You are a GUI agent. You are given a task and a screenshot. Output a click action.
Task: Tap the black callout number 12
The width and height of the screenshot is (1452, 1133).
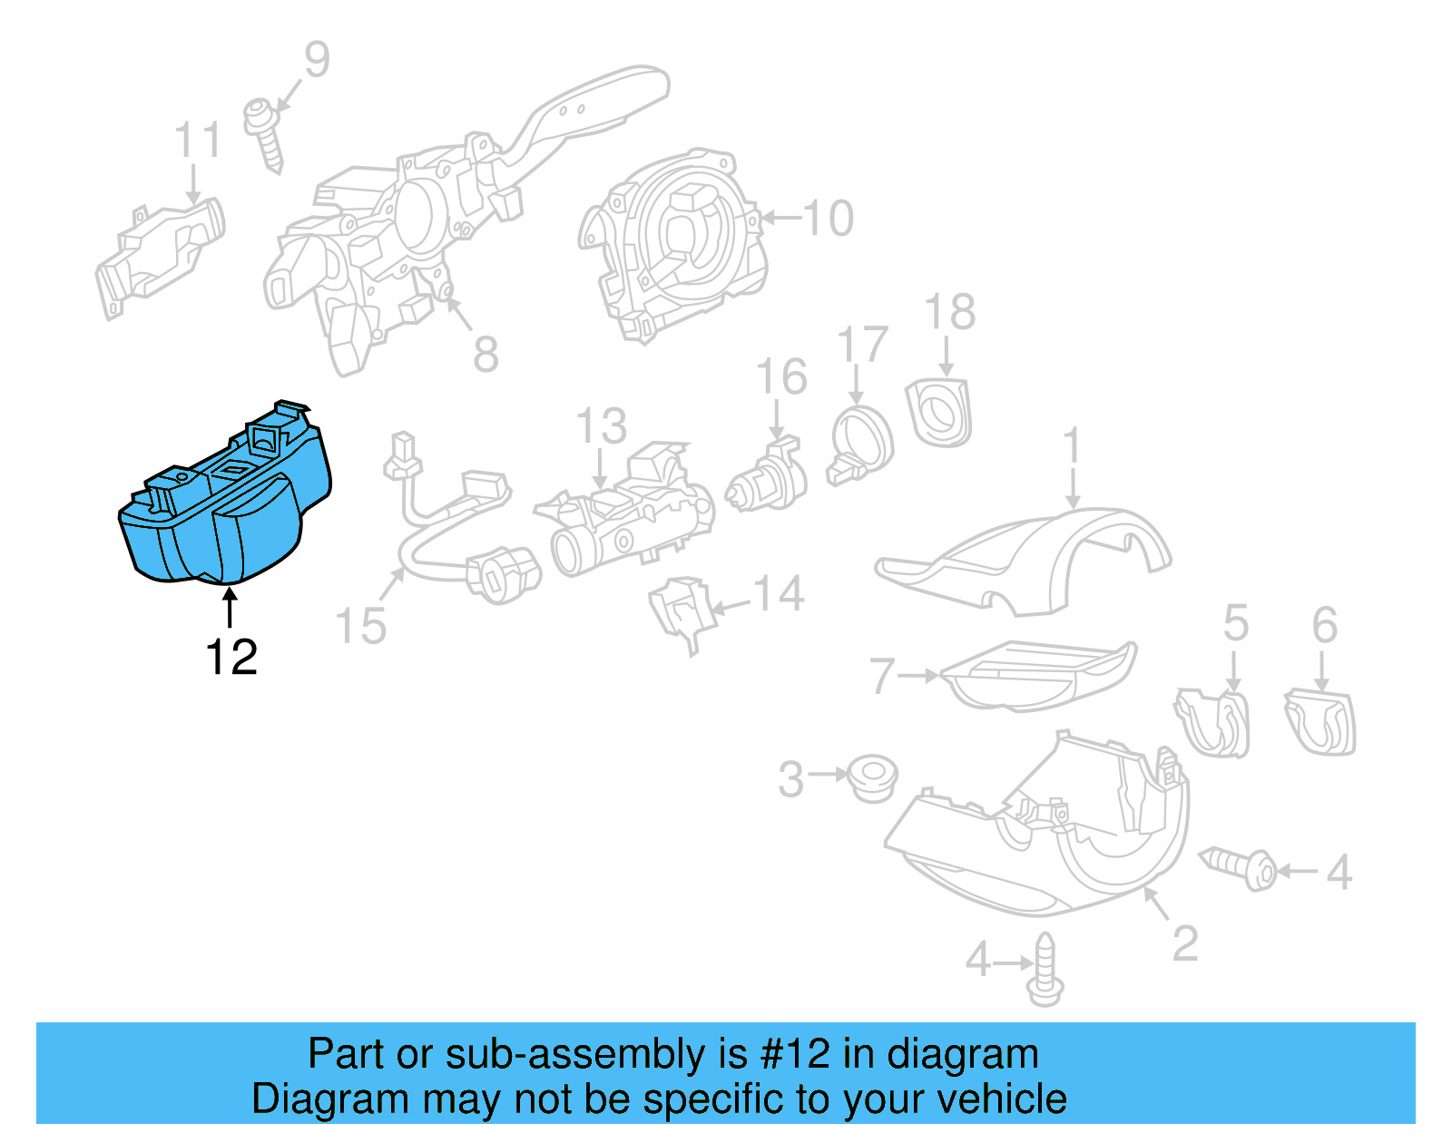pos(231,657)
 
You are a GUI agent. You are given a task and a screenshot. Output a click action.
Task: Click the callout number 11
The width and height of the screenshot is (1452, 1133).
pos(197,141)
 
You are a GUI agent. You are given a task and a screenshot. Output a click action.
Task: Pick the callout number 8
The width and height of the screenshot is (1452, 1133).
pos(486,354)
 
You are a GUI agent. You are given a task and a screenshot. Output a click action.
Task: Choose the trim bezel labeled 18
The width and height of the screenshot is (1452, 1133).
pos(940,414)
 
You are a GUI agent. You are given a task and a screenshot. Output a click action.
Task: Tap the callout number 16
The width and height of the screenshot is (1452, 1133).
pos(781,377)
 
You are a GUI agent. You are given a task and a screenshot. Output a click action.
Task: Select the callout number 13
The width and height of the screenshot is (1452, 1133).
pos(602,425)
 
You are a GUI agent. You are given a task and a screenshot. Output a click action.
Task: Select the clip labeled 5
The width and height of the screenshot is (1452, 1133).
pos(1214,721)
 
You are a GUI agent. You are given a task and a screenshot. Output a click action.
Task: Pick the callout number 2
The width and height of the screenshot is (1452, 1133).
pos(1185,943)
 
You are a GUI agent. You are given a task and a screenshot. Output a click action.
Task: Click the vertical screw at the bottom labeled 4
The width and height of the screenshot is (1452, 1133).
pos(1045,971)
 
